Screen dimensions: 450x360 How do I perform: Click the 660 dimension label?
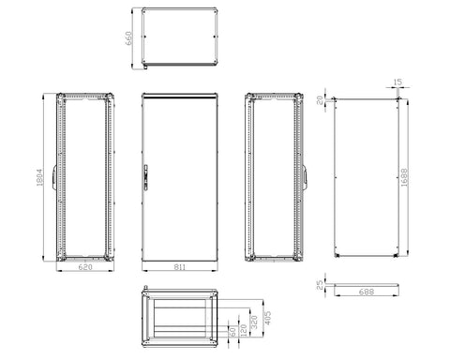point(128,38)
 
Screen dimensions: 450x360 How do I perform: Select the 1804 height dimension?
point(39,177)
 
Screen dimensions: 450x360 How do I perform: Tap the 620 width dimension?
point(85,267)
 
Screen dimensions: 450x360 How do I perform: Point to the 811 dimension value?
point(180,267)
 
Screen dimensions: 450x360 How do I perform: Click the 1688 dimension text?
point(404,177)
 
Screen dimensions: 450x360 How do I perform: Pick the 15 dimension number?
point(397,82)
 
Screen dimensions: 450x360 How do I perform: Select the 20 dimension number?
point(320,100)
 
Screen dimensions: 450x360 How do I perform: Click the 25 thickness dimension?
point(320,285)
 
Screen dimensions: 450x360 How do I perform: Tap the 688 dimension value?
point(367,292)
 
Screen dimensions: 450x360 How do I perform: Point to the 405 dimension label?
point(268,318)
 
